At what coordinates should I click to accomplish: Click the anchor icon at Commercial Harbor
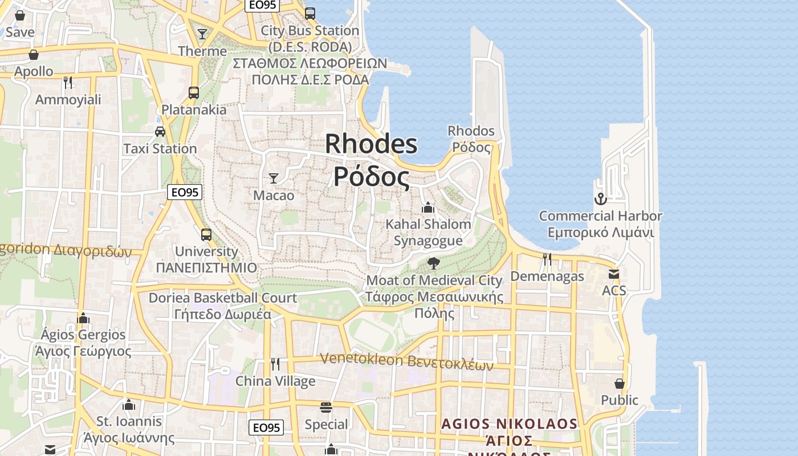coord(600,199)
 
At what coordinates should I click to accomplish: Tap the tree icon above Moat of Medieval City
coord(434,263)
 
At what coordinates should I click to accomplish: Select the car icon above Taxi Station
coord(160,132)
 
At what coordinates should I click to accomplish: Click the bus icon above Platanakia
coord(194,92)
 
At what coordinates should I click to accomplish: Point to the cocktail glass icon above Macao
coord(274,178)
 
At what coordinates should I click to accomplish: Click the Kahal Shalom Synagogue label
coord(428,232)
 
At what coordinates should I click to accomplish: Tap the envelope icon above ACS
coord(614,274)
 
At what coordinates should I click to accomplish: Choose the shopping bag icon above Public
coord(620,384)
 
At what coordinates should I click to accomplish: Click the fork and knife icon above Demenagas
coord(547,259)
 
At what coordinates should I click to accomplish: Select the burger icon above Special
coord(326,408)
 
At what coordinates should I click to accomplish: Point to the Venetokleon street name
coord(406,360)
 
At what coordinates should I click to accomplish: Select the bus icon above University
coord(206,234)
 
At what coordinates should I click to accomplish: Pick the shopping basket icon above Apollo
coord(34,55)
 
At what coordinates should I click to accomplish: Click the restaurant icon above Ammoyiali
coord(68,83)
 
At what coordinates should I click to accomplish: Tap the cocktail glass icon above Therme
coord(202,34)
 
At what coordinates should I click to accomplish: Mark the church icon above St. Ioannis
coord(129,405)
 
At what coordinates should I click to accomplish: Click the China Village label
coord(275,381)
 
